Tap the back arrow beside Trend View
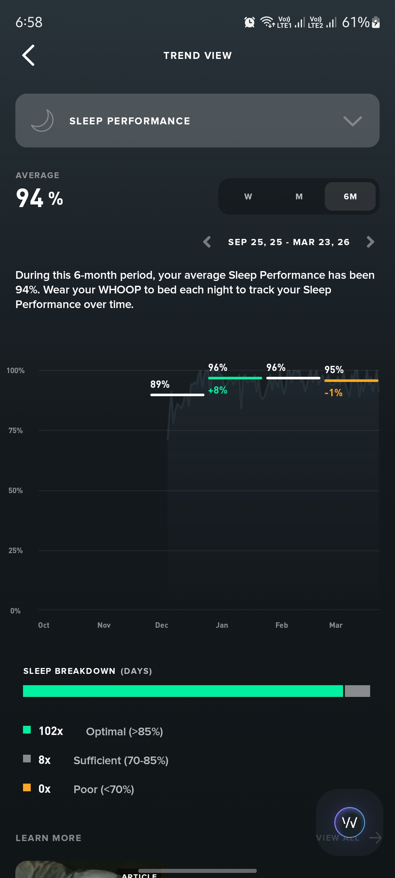coord(29,55)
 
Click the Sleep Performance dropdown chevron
coord(353,121)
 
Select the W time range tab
coord(248,196)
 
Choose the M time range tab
coord(299,196)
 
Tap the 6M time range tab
coord(350,196)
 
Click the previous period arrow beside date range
coord(207,242)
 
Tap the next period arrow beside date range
coord(370,242)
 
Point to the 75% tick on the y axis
coord(16,431)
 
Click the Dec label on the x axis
coord(161,625)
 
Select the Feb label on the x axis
coord(282,625)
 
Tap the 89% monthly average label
coord(160,384)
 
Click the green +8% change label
coord(218,390)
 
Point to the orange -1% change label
coord(333,393)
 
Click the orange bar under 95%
coord(351,381)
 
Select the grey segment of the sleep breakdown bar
coord(357,691)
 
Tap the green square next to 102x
coord(27,730)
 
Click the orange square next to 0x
coord(27,788)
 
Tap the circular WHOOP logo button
coord(349,822)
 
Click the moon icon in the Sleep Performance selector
coord(42,121)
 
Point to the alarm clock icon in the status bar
coord(249,22)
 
